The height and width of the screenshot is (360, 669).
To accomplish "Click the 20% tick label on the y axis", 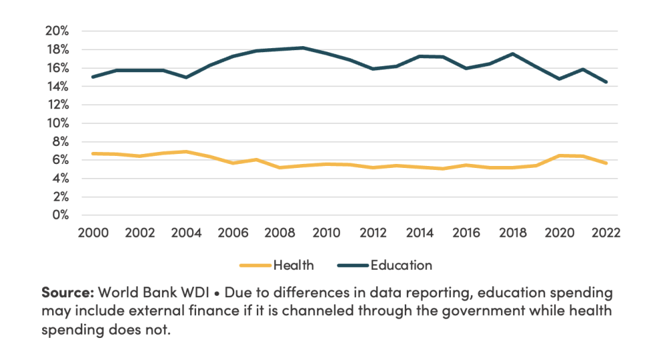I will (57, 31).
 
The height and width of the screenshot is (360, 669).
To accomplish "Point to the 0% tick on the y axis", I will (60, 215).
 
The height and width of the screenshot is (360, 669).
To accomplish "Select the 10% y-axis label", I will (57, 123).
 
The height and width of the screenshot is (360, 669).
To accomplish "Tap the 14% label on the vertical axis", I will (57, 86).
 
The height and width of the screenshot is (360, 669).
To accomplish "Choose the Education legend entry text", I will (402, 265).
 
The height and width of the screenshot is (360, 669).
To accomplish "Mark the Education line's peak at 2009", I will (303, 48).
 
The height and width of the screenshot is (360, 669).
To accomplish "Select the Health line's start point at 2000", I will (93, 153).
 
